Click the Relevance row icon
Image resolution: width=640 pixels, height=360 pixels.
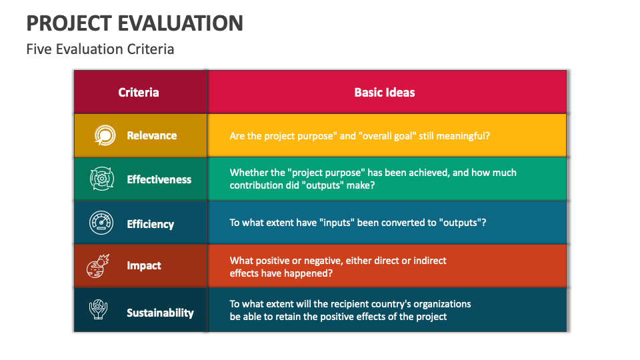pos(103,135)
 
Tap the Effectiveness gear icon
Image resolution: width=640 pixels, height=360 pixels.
pos(103,179)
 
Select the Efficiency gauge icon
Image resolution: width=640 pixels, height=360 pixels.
pos(103,223)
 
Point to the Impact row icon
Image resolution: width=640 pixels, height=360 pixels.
pos(101,265)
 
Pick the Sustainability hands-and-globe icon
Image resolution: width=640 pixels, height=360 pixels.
pos(99,311)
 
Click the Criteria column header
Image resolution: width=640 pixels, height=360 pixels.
pos(139,92)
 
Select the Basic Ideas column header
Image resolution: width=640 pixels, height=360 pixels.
pos(384,92)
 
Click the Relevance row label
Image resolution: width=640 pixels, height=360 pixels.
pos(152,135)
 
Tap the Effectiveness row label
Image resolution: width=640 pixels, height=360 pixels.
pos(159,179)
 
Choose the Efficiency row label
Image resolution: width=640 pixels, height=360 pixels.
pos(151,224)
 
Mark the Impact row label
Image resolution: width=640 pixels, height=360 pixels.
pos(144,265)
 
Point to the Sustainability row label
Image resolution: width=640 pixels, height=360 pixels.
pos(160,312)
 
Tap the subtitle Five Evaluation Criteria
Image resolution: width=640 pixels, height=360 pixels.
pos(100,49)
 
